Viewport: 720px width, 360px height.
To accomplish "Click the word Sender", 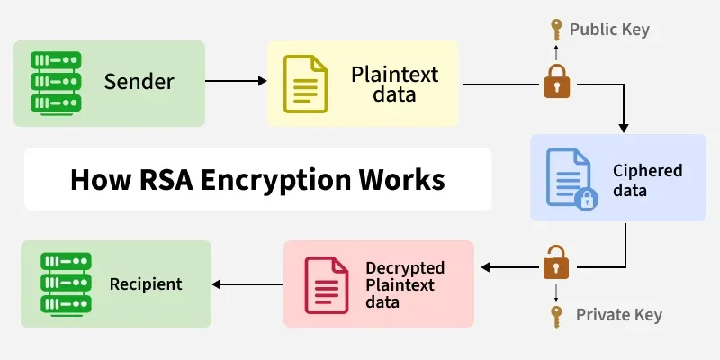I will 139,82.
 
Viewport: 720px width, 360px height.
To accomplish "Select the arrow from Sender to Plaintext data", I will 236,82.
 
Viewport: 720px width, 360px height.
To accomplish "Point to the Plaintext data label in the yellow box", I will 382,82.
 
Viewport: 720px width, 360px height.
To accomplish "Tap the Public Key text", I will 608,30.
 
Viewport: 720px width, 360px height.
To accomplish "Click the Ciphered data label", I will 648,180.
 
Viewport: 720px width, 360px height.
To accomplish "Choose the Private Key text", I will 619,314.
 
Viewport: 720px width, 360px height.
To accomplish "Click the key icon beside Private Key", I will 556,315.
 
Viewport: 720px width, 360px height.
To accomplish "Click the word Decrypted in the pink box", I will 405,267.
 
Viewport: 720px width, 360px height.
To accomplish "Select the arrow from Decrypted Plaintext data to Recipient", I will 247,284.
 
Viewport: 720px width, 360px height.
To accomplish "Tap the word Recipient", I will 146,284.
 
